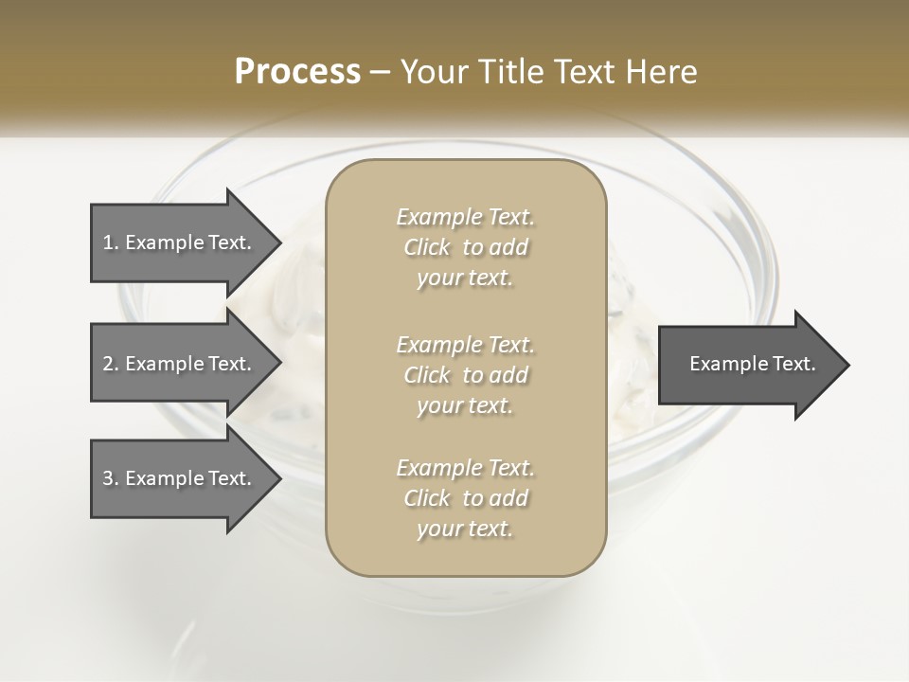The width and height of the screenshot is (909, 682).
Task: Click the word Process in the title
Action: (x=297, y=72)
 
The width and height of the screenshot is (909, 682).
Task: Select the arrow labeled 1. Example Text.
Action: (x=180, y=242)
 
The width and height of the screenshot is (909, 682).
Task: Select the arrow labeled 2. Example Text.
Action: (x=180, y=364)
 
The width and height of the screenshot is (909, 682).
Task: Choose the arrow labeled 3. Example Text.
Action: (x=180, y=478)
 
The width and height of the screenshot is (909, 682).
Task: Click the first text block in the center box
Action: (x=465, y=247)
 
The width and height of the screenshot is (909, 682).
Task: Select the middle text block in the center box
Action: (x=465, y=375)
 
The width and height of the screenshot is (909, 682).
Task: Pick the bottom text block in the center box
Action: (x=465, y=498)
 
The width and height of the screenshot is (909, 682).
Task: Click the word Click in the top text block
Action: (x=427, y=248)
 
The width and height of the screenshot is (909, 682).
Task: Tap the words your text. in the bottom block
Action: (x=465, y=529)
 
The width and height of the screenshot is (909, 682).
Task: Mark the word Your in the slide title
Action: (x=433, y=72)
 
